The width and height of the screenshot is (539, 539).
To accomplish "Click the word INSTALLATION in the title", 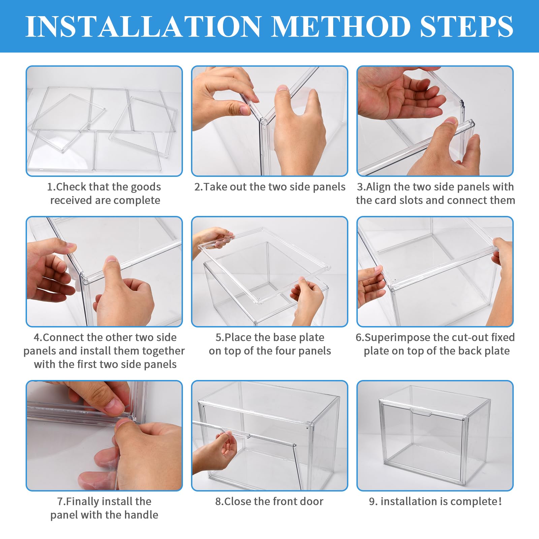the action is [143, 26].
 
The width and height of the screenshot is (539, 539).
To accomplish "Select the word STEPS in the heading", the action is [467, 26].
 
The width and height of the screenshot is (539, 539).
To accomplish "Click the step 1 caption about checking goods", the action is [104, 193].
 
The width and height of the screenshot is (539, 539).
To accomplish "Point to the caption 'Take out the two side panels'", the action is [270, 187].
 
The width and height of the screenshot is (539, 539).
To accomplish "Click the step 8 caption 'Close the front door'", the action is [269, 501].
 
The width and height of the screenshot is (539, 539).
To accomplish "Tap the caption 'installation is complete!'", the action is [435, 501].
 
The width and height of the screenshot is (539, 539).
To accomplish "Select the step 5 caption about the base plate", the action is [270, 344].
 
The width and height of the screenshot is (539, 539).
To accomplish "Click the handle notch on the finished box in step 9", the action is [421, 412].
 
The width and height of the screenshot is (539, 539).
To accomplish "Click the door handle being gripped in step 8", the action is [236, 432].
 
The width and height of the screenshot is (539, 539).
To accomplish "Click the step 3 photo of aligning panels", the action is [435, 121].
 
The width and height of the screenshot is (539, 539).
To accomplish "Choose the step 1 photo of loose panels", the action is [104, 121].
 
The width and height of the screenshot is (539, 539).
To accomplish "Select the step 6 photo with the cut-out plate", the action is [435, 272].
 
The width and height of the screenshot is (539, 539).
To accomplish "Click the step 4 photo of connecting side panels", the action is [104, 272].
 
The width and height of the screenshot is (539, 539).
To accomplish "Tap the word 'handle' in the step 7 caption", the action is [141, 515].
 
